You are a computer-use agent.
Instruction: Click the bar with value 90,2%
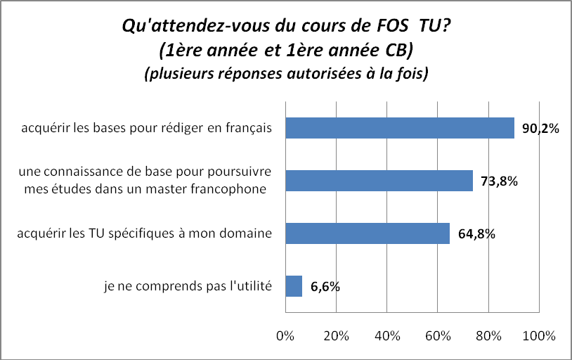pyautogui.click(x=399, y=128)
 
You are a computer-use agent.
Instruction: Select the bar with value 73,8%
pyautogui.click(x=379, y=181)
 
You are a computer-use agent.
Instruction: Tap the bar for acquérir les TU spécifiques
pyautogui.click(x=367, y=233)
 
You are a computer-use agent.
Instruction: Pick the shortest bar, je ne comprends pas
pyautogui.click(x=294, y=286)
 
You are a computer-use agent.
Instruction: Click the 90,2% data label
pyautogui.click(x=540, y=129)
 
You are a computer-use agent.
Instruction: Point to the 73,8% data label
pyautogui.click(x=499, y=181)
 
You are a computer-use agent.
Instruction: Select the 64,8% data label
pyautogui.click(x=476, y=234)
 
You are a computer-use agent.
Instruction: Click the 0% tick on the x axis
pyautogui.click(x=285, y=335)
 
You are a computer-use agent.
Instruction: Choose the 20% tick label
pyautogui.click(x=336, y=335)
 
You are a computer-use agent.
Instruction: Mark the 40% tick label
pyautogui.click(x=387, y=335)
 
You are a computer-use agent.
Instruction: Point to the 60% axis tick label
pyautogui.click(x=438, y=335)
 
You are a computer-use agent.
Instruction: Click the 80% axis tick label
pyautogui.click(x=488, y=335)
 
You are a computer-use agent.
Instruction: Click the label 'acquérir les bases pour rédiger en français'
pyautogui.click(x=146, y=128)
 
